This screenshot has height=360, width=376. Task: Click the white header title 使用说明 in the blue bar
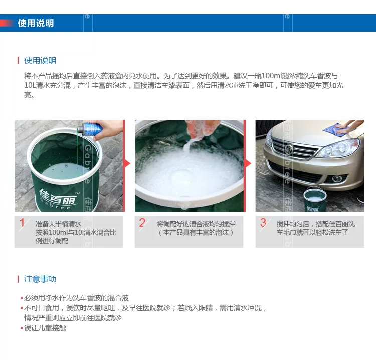pos(36,23)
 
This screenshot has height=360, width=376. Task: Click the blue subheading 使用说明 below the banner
pos(40,61)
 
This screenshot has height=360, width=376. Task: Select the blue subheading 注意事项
pos(40,279)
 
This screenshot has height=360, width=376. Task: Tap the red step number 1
pos(22,223)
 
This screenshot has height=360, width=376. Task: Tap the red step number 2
pos(142,223)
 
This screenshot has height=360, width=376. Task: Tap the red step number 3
pos(263,223)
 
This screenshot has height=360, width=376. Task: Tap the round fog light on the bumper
pos(337,178)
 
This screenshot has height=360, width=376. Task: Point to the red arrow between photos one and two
pos(127,164)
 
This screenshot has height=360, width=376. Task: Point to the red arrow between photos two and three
pos(248,164)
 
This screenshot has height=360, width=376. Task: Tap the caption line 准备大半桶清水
pos(58,224)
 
